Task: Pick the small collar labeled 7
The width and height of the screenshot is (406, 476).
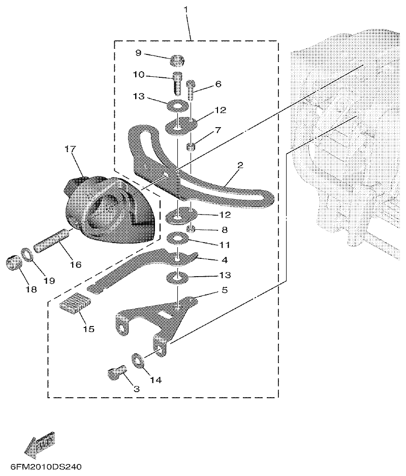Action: tap(191, 147)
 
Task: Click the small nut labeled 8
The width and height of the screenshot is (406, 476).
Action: tap(191, 228)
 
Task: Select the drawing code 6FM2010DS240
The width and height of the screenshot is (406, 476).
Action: tap(45, 467)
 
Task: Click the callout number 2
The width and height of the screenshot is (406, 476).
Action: tap(240, 165)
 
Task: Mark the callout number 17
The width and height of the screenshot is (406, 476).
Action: tap(70, 150)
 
